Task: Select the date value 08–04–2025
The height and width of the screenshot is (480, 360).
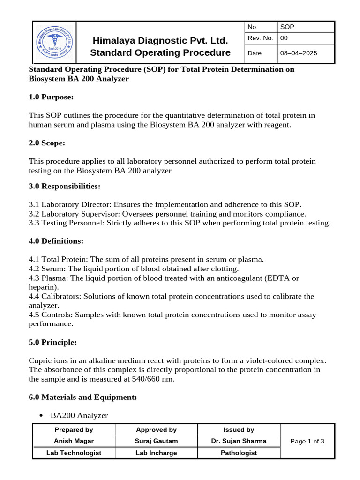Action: pos(298,53)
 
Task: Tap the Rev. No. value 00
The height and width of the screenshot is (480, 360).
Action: pos(284,38)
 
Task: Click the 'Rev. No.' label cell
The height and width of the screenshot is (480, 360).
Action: pos(261,38)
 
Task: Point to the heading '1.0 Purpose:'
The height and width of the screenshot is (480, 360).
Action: pos(51,97)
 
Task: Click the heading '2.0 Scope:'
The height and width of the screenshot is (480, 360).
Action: pos(47,142)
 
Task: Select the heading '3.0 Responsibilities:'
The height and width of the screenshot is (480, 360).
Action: pos(65,186)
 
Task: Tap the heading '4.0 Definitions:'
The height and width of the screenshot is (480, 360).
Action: pos(56,241)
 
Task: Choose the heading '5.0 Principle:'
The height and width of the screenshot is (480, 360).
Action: pos(52,342)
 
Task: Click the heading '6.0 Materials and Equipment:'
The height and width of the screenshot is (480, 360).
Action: pos(83,397)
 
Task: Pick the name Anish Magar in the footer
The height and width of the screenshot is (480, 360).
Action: pos(74,441)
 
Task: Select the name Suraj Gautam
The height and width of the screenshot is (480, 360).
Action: pos(156,441)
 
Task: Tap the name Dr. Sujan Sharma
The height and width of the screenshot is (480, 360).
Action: pos(239,441)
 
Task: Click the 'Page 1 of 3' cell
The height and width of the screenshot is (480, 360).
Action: pos(307,441)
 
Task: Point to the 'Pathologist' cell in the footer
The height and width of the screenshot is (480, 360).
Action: pos(239,453)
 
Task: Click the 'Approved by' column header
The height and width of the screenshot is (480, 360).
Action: pos(156,429)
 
